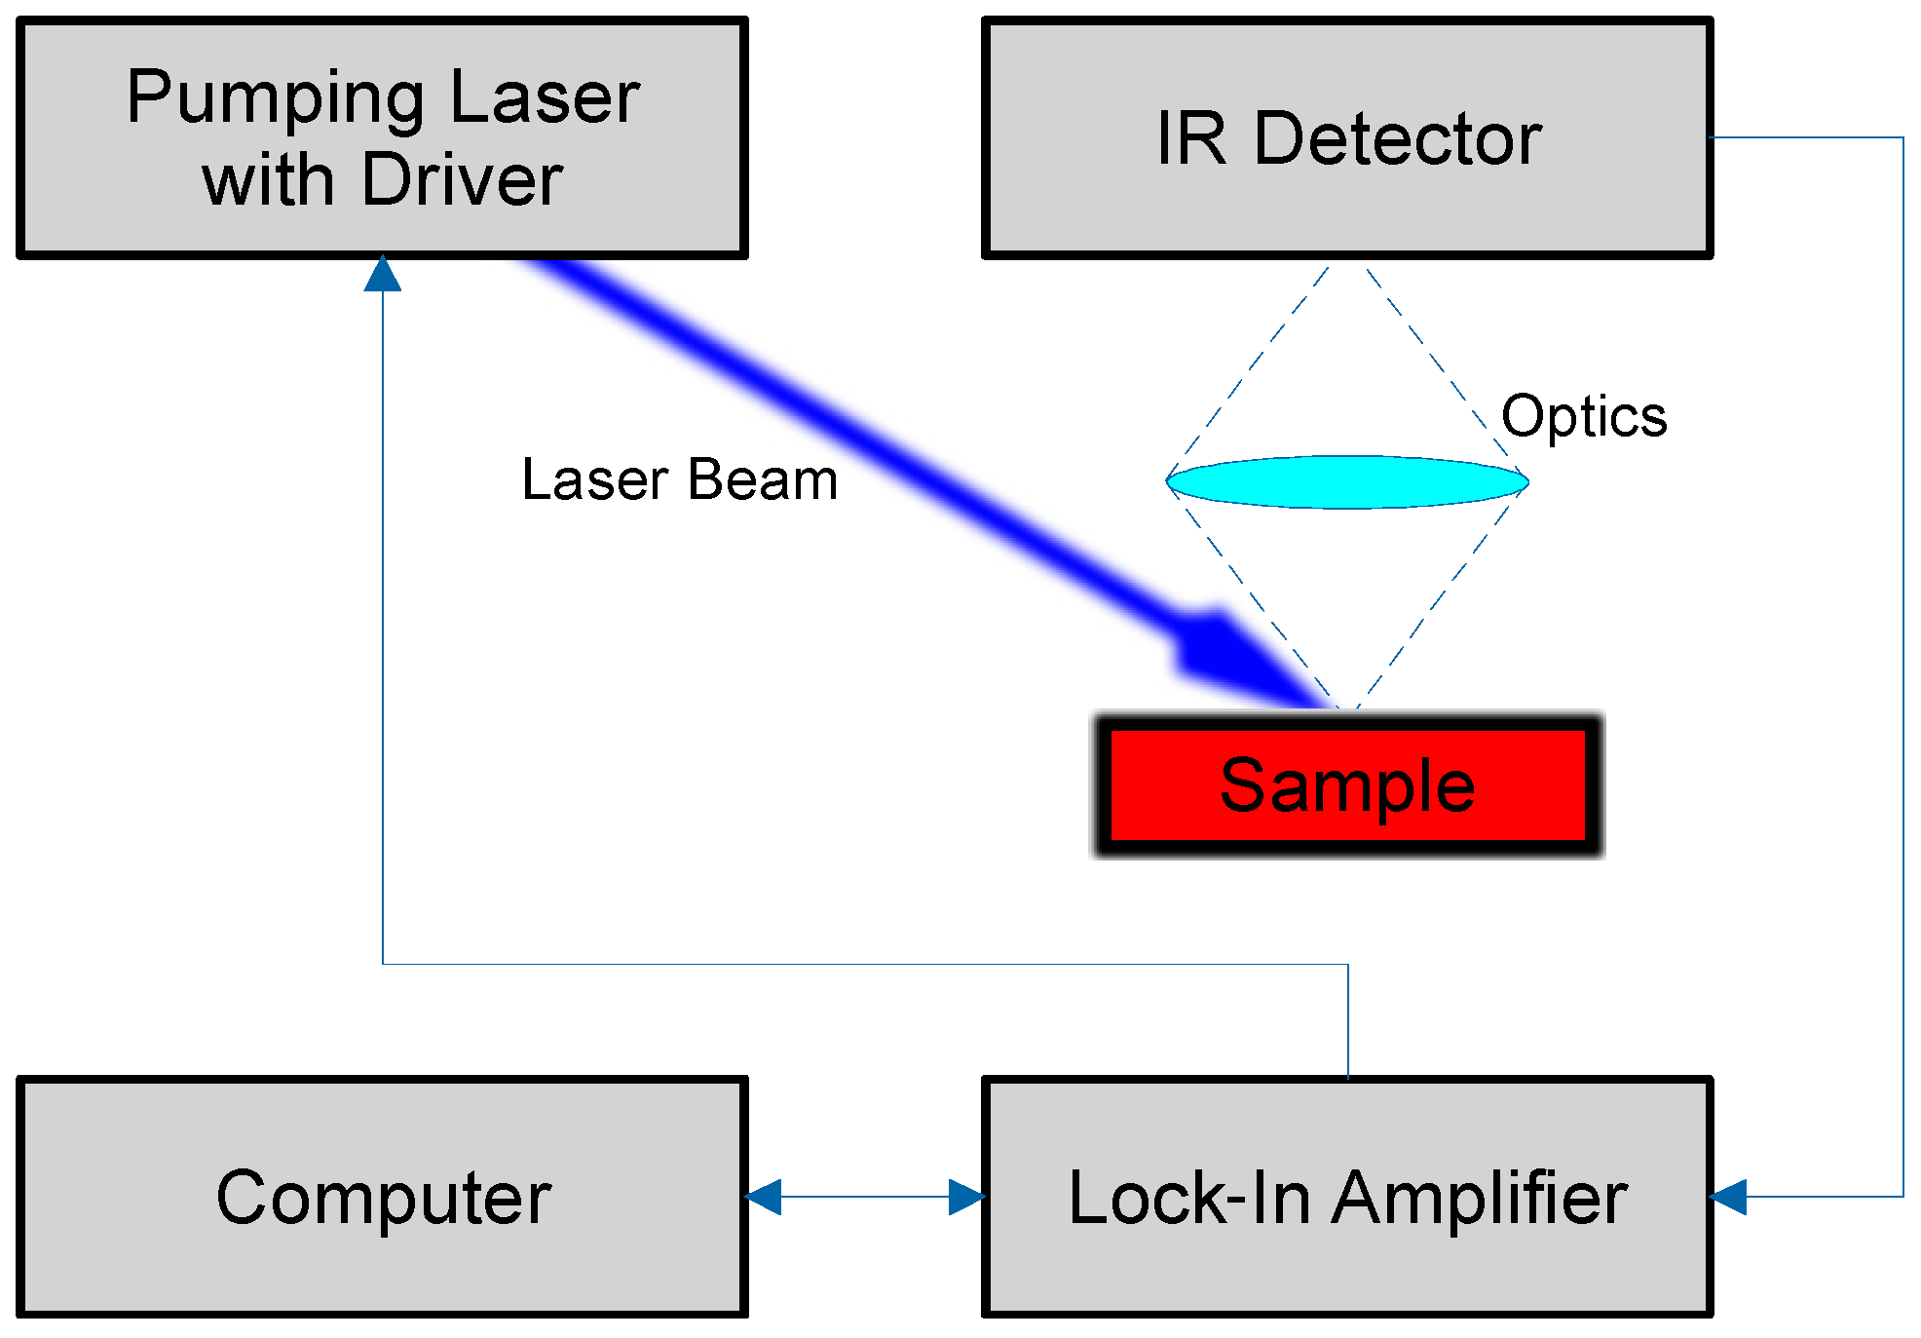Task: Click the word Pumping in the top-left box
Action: coord(276,99)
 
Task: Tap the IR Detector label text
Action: coord(1348,138)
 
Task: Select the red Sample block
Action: coord(1347,784)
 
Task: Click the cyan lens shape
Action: coord(1347,481)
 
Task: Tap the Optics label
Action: coord(1583,416)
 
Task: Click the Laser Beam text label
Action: coord(679,479)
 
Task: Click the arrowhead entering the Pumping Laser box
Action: coord(383,275)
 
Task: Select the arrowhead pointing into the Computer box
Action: coord(764,1197)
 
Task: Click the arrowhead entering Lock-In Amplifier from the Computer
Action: coord(966,1197)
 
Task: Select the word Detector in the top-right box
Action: coord(1397,138)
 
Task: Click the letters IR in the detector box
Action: coord(1190,138)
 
